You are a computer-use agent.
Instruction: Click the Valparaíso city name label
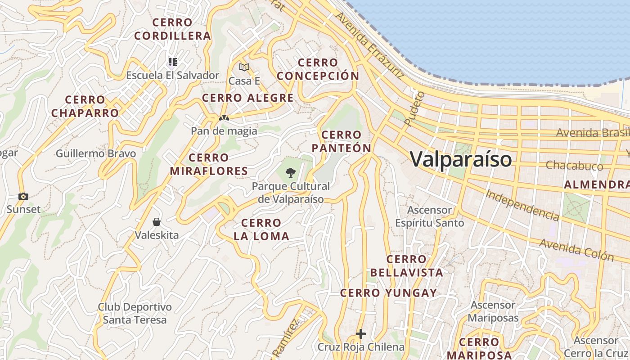point(461,159)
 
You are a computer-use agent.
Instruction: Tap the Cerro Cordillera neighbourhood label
point(172,29)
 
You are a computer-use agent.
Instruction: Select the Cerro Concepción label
point(318,69)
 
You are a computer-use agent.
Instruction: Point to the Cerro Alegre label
point(248,98)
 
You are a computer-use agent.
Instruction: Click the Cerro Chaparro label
point(85,106)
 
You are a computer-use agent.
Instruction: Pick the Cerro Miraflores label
point(209,164)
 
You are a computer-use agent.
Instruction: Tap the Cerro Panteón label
point(342,141)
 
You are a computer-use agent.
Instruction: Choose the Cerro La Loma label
point(261,229)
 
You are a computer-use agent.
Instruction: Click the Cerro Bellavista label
point(406,265)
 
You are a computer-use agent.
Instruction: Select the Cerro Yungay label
point(388,293)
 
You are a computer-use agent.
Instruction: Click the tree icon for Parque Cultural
point(291,172)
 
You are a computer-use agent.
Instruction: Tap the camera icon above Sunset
point(23,196)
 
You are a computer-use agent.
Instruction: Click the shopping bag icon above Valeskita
point(157,221)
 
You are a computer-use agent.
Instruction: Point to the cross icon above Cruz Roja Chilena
point(361,334)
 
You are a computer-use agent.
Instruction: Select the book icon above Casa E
point(244,67)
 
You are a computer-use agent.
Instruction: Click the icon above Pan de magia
point(224,118)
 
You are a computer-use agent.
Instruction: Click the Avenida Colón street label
point(576,250)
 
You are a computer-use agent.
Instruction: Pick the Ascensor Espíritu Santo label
point(429,216)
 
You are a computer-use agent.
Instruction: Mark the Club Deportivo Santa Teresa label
point(135,314)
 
